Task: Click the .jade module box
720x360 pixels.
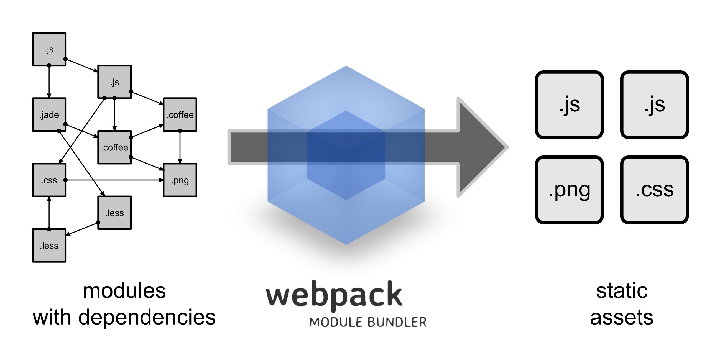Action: click(x=49, y=115)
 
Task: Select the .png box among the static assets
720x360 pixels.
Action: click(x=569, y=190)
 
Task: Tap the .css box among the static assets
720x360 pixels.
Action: click(x=654, y=190)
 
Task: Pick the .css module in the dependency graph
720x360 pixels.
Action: click(x=49, y=180)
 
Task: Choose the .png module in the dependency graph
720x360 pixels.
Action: click(x=180, y=180)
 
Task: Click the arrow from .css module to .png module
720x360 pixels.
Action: click(x=115, y=180)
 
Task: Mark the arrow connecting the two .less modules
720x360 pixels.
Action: click(x=82, y=229)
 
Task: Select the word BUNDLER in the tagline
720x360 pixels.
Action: click(x=397, y=322)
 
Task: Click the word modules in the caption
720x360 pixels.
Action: click(x=124, y=291)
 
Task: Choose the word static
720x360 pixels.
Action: click(x=622, y=291)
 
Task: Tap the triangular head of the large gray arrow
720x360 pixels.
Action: click(x=481, y=147)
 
